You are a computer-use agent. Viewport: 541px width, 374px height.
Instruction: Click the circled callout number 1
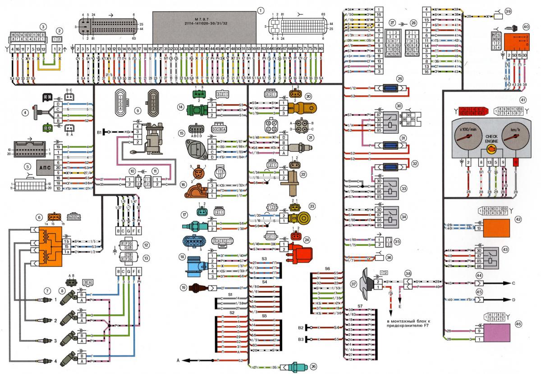pyautogui.click(x=259, y=10)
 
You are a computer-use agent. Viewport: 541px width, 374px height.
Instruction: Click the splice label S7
pyautogui.click(x=360, y=307)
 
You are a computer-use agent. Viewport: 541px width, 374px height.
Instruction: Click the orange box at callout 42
pyautogui.click(x=496, y=229)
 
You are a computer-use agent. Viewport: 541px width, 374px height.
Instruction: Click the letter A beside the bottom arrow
pyautogui.click(x=179, y=360)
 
